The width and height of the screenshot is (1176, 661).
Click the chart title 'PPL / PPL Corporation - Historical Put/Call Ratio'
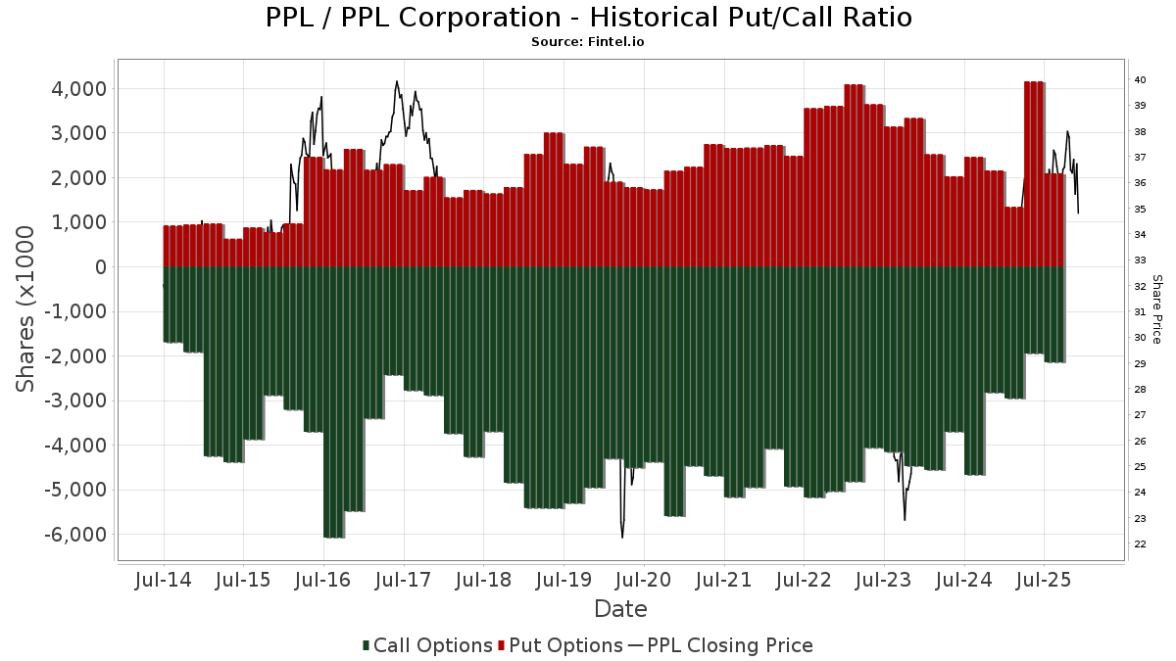pyautogui.click(x=588, y=18)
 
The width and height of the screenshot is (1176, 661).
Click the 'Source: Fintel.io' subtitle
pyautogui.click(x=588, y=42)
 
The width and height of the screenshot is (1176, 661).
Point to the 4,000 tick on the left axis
pyautogui.click(x=79, y=89)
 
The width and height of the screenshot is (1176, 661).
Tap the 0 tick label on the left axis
pyautogui.click(x=99, y=267)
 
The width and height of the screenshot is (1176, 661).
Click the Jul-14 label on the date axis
pyautogui.click(x=163, y=580)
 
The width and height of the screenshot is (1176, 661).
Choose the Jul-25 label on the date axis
pyautogui.click(x=1044, y=580)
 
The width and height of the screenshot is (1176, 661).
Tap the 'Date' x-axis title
pyautogui.click(x=620, y=609)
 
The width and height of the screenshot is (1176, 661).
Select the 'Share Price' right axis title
pyautogui.click(x=1157, y=308)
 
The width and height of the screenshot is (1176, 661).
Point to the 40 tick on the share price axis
pyautogui.click(x=1140, y=80)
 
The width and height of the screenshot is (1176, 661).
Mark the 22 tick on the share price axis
pyautogui.click(x=1140, y=544)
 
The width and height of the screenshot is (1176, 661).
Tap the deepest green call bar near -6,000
pyautogui.click(x=333, y=401)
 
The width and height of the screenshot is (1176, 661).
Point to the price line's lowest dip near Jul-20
pyautogui.click(x=622, y=536)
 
